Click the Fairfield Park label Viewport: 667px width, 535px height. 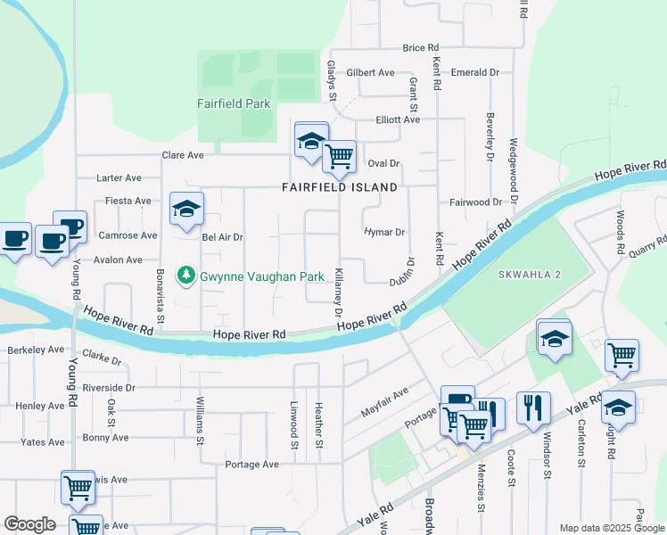pyautogui.click(x=234, y=103)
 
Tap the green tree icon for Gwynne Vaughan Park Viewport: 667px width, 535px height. pyautogui.click(x=186, y=276)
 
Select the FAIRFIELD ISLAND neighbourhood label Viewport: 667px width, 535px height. pyautogui.click(x=339, y=188)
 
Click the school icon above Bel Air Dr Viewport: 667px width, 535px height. pyautogui.click(x=186, y=210)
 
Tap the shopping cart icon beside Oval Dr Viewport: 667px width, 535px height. pyautogui.click(x=339, y=157)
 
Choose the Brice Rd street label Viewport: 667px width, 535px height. pyautogui.click(x=421, y=48)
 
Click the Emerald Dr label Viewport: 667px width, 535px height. pyautogui.click(x=475, y=72)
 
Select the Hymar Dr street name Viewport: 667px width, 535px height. pyautogui.click(x=384, y=232)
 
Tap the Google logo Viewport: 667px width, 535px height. pyautogui.click(x=29, y=524)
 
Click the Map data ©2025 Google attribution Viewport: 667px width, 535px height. pyautogui.click(x=611, y=528)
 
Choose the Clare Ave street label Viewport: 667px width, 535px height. pyautogui.click(x=183, y=155)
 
